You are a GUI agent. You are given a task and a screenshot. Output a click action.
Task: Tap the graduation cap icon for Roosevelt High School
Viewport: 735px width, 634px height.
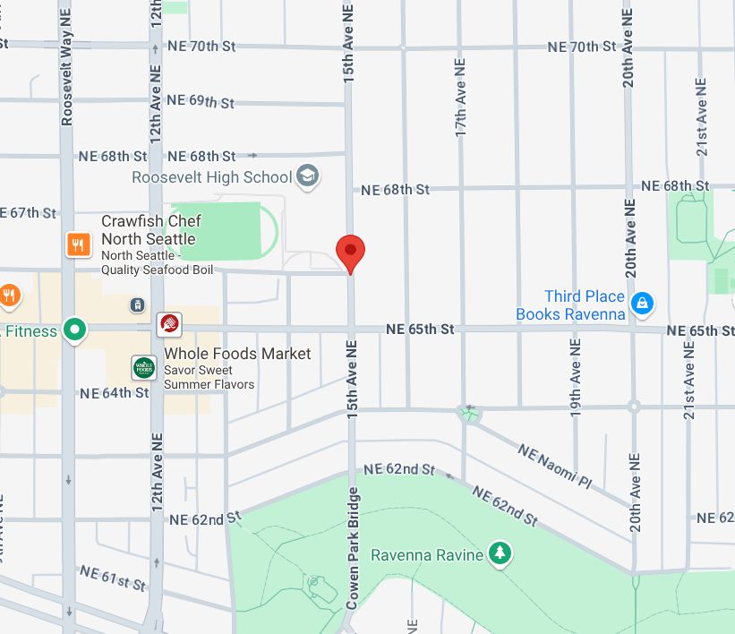coord(309,176)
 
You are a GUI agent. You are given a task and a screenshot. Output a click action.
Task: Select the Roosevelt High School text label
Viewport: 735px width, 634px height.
coord(211,177)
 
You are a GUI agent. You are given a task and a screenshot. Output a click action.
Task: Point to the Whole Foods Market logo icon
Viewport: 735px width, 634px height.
coord(144,367)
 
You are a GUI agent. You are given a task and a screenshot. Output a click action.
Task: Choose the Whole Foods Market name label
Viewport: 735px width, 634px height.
coord(237,354)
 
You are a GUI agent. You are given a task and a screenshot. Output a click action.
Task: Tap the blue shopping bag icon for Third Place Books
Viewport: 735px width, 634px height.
coord(641,304)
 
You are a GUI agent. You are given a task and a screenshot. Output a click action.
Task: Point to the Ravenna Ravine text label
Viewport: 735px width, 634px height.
coord(427,555)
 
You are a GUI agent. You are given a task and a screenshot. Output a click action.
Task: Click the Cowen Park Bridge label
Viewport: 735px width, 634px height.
coord(353,548)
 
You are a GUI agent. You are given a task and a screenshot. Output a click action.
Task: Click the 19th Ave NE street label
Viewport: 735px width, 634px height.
coord(576,376)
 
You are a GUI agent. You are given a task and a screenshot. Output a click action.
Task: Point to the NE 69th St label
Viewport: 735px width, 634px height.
coord(200,101)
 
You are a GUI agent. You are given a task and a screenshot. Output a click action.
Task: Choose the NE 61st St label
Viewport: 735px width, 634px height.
coord(112,578)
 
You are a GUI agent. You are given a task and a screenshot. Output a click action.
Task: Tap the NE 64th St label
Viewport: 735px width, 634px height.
coord(114,392)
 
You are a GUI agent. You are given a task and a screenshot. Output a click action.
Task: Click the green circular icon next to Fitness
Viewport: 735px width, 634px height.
coord(77,330)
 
